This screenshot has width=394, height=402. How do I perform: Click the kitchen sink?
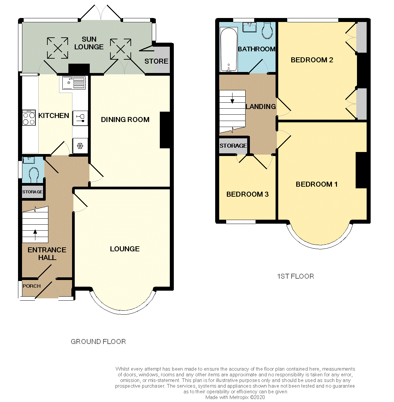[73, 83]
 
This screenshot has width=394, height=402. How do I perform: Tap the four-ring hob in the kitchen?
[29, 118]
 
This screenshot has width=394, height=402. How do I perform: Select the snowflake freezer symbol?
[80, 146]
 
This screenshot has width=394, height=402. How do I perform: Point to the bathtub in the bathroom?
[229, 50]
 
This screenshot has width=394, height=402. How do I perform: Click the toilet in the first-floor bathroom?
[267, 31]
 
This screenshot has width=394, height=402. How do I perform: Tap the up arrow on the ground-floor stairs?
[35, 235]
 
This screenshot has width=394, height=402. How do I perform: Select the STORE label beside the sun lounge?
[156, 61]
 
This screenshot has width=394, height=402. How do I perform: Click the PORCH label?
[32, 286]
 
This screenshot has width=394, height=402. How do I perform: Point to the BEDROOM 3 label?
[248, 194]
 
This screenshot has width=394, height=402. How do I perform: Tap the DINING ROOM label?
[125, 120]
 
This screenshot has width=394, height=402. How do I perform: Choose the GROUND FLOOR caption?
[98, 342]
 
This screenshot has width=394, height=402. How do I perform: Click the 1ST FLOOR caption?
[296, 276]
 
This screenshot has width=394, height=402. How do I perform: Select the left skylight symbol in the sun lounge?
[57, 48]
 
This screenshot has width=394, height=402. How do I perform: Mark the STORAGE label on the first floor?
[233, 146]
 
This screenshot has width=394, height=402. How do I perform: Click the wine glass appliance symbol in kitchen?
[80, 118]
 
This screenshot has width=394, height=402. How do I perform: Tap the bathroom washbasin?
[250, 27]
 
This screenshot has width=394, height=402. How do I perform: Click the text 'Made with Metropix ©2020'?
[235, 397]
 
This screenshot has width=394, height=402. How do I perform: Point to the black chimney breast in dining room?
[165, 130]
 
